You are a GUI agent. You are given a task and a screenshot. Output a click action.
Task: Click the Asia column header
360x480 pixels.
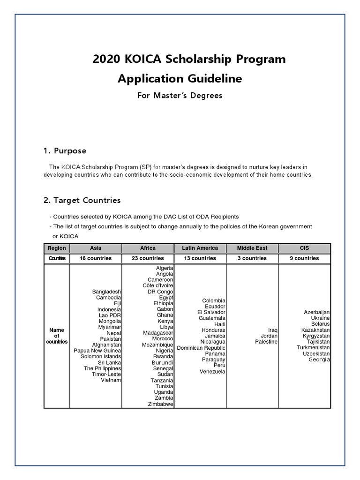(96, 248)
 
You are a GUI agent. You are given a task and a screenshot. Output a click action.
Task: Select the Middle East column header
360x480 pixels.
(252, 248)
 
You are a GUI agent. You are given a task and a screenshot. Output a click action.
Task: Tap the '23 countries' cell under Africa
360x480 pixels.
(148, 258)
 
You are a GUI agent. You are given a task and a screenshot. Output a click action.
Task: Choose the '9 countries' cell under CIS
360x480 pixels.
(304, 258)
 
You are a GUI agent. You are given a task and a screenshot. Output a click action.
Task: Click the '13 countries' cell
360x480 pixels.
(200, 258)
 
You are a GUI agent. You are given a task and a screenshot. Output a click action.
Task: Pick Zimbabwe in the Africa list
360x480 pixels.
(160, 404)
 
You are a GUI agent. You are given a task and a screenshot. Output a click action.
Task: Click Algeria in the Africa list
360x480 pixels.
(165, 268)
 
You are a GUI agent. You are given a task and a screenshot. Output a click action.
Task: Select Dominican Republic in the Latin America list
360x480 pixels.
(201, 348)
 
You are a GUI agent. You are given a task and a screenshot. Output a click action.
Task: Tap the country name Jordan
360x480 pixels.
(270, 336)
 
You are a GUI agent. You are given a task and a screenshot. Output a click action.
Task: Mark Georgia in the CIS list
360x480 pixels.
(319, 360)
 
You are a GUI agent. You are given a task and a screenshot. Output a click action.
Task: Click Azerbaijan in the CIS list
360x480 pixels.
(317, 312)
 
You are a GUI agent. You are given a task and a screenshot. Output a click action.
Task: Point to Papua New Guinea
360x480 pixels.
(97, 351)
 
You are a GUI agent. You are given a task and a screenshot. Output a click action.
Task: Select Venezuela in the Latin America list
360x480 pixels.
(212, 372)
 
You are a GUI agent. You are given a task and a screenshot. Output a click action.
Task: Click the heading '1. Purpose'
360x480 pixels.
(65, 151)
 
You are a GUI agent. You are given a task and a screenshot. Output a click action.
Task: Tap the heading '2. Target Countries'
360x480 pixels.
(82, 200)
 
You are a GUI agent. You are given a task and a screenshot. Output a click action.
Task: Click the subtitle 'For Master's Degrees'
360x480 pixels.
(180, 96)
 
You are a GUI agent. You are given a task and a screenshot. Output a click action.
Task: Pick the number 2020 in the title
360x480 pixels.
(107, 60)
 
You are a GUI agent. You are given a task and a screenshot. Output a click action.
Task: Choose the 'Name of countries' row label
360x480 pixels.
(57, 336)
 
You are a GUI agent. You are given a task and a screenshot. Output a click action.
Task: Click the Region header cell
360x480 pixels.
(57, 248)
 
